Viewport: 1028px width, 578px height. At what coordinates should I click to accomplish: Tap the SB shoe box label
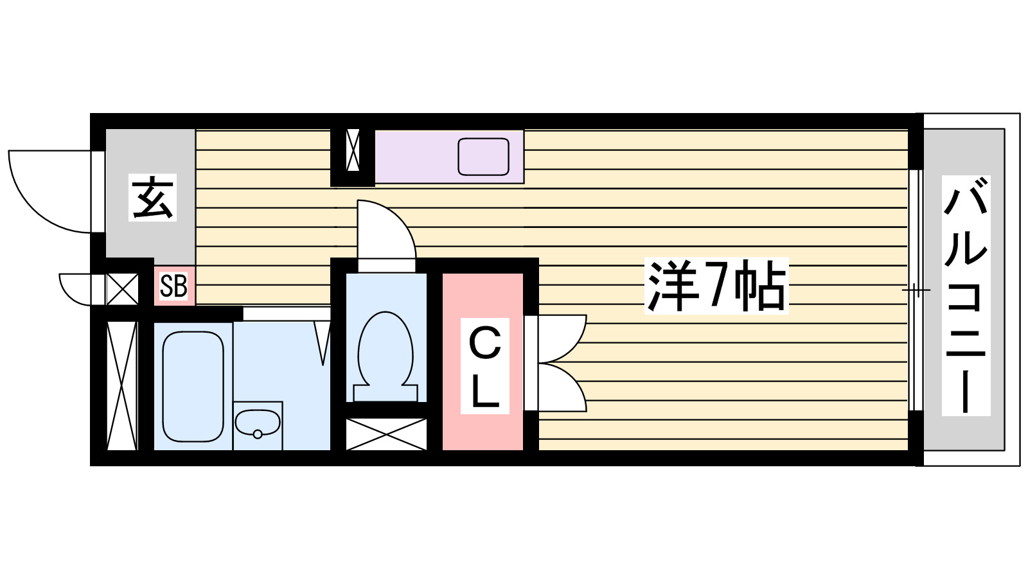173,286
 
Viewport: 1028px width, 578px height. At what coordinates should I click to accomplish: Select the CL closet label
485,366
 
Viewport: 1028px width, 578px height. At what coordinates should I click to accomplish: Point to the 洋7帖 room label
716,286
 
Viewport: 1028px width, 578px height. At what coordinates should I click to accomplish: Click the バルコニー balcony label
966,295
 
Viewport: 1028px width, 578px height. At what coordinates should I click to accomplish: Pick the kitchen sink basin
483,157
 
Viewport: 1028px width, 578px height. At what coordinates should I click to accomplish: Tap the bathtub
193,385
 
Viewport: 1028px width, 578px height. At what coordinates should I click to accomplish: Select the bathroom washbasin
257,424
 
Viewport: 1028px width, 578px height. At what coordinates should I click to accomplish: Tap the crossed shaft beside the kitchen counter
353,150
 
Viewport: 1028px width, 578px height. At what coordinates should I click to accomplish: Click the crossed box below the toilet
386,434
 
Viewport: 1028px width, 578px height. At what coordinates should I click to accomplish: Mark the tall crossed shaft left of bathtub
121,385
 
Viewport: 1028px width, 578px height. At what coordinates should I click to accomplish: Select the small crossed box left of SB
122,289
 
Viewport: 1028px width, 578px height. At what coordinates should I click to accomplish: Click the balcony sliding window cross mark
916,290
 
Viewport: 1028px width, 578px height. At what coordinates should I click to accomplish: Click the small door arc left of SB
74,289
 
